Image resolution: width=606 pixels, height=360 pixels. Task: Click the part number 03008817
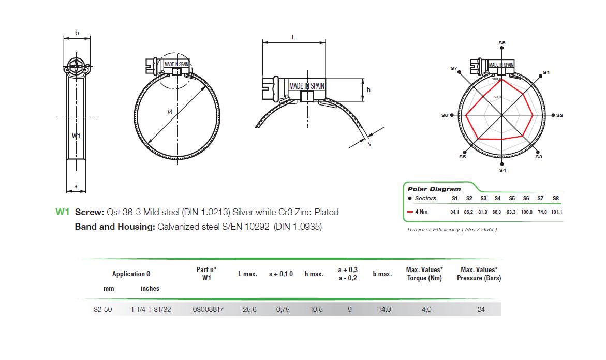point(208,310)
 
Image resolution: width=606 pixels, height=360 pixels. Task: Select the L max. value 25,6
point(250,310)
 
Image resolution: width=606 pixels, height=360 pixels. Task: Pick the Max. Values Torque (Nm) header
point(424,274)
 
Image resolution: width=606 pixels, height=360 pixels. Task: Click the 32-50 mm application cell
point(103,310)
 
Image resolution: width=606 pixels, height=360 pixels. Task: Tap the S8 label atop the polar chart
point(502,43)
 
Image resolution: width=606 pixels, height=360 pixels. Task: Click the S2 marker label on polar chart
point(560,115)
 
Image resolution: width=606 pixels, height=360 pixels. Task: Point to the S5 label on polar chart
point(462,156)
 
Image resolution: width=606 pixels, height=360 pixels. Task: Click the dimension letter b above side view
point(77,33)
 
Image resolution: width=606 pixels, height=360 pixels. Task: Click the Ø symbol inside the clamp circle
point(170,112)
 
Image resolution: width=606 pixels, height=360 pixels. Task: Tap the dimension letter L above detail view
point(293,37)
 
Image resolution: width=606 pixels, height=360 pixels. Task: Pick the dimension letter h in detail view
point(368,89)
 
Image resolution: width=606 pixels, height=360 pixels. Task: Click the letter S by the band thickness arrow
point(369,144)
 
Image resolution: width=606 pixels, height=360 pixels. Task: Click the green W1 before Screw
point(62,212)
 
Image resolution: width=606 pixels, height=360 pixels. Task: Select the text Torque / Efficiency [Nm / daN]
point(451,229)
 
